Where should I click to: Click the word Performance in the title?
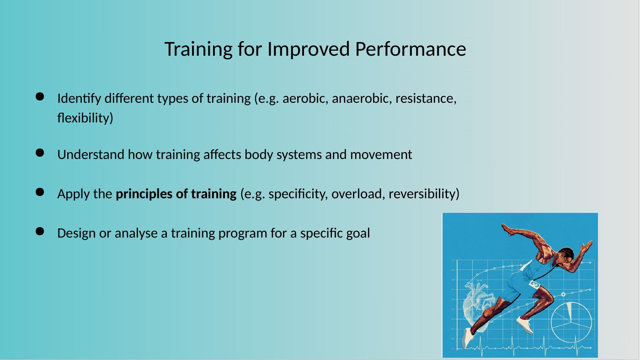411,49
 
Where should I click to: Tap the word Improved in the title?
309,49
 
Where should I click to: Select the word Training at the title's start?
198,49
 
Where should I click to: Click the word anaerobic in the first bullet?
362,99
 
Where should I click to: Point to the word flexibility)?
85,118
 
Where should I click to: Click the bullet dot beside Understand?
40,153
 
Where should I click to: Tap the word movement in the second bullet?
381,154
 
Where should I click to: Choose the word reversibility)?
424,194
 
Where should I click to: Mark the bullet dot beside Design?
40,231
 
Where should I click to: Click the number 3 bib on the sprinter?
534,285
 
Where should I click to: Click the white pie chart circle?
571,322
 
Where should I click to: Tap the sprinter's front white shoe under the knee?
525,325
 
